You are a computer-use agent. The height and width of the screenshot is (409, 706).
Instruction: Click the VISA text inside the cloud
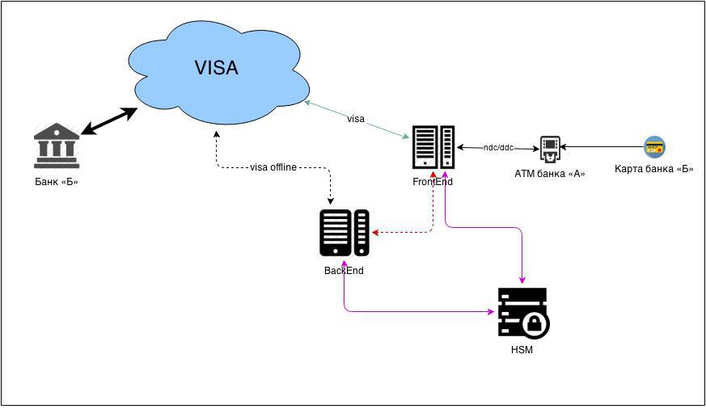[216, 68]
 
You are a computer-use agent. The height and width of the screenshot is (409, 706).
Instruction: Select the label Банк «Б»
[57, 181]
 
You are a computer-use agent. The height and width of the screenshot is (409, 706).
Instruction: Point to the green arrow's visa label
[356, 119]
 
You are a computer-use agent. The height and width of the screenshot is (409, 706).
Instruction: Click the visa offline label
[273, 167]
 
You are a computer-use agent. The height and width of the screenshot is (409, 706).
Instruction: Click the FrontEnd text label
[433, 182]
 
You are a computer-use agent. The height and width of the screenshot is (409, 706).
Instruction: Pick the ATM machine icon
[550, 148]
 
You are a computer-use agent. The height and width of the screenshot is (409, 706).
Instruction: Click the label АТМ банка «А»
[550, 173]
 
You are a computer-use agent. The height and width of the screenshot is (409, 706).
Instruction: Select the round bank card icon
[654, 147]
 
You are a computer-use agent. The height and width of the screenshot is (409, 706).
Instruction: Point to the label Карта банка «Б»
[654, 169]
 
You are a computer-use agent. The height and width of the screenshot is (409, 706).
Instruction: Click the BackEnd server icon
[345, 233]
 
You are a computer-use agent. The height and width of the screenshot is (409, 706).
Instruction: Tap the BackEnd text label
[344, 271]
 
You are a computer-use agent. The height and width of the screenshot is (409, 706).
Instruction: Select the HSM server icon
[522, 312]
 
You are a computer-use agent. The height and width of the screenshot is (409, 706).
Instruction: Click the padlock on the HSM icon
[536, 325]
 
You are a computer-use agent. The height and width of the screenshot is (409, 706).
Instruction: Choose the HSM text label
[522, 350]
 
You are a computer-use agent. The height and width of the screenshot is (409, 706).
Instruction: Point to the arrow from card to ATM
[602, 148]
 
